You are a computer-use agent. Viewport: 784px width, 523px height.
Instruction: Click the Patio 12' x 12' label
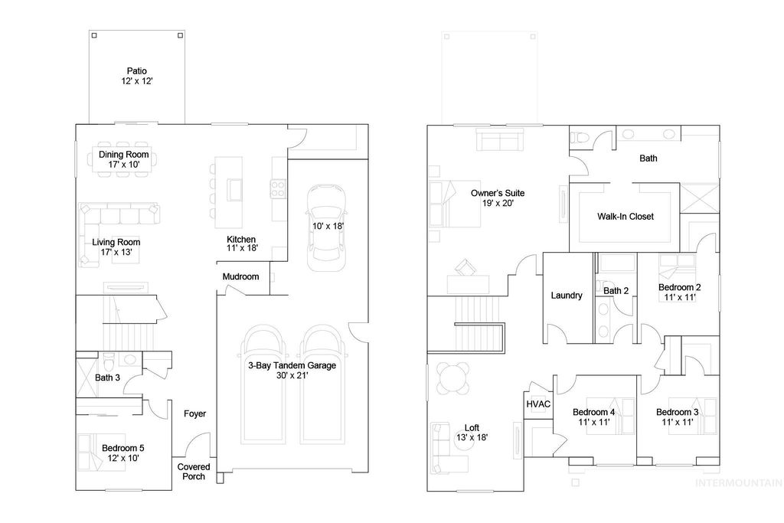[136, 76]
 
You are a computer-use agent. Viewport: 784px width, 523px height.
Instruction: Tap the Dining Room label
[123, 155]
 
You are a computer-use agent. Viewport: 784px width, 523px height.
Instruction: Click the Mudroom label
[240, 276]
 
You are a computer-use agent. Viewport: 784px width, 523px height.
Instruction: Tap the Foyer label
[194, 413]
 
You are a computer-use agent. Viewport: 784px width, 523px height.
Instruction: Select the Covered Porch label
[194, 471]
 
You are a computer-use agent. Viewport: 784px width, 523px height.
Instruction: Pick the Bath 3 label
[107, 378]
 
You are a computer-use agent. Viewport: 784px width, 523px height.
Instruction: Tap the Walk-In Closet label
[626, 217]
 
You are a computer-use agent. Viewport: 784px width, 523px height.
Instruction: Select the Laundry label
[567, 296]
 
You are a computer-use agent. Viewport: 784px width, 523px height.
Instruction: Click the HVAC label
[538, 404]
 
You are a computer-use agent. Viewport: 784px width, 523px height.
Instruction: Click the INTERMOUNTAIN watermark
[737, 483]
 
